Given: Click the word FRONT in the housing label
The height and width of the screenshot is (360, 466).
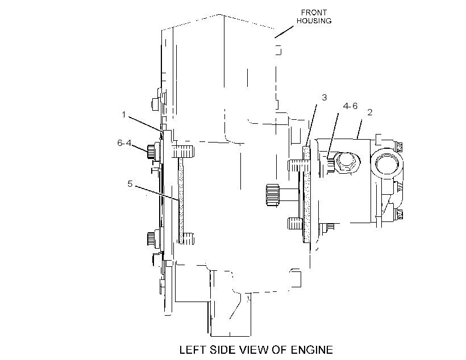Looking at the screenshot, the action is pos(314,12).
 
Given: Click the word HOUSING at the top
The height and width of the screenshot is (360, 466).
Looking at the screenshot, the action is pos(314,21).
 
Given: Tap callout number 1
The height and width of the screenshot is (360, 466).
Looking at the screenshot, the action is pos(124,114).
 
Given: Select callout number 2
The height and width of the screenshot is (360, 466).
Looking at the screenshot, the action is pos(370,112).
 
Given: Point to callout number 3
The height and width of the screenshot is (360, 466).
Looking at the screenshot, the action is pos(324,98).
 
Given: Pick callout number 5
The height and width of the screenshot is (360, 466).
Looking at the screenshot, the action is pos(130,184).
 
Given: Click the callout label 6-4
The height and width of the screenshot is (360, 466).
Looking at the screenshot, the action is pos(124,143).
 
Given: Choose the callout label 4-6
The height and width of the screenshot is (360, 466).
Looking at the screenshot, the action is pos(350,106).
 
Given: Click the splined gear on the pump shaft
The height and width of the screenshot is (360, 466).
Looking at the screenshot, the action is pos(272,195).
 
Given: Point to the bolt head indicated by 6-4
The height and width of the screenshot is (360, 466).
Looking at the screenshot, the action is pos(151,152).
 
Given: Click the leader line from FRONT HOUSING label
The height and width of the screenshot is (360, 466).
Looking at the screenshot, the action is pos(284,32).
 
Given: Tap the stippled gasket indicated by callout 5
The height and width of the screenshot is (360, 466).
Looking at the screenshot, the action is pos(181,200).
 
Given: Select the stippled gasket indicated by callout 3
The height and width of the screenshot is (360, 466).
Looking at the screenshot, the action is pos(306,194).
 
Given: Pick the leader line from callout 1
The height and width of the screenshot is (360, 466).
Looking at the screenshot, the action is pos(145,124).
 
